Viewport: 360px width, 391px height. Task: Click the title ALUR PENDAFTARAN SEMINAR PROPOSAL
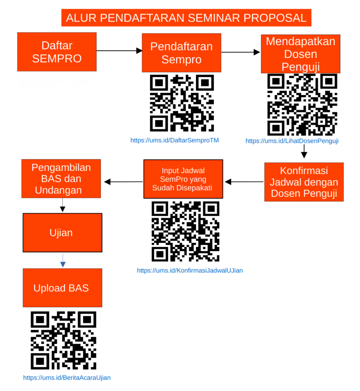click(186, 18)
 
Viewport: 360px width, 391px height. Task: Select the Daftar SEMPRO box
click(57, 52)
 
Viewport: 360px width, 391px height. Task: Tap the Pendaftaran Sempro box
click(182, 53)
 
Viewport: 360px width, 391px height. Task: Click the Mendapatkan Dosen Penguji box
click(301, 54)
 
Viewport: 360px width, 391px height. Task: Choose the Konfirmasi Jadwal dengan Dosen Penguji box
click(304, 182)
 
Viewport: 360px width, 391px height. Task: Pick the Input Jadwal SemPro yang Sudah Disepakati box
click(183, 179)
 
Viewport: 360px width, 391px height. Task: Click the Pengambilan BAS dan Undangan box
click(61, 179)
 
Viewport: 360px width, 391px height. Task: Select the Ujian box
click(63, 233)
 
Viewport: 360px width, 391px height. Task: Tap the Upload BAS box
click(63, 288)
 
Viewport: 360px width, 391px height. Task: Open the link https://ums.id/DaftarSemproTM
click(175, 141)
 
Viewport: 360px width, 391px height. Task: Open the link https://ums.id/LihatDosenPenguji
click(292, 141)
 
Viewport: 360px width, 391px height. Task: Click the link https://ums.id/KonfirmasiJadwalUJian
click(190, 271)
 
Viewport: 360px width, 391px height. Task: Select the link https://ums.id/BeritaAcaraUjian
click(67, 378)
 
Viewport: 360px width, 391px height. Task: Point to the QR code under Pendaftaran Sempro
click(182, 103)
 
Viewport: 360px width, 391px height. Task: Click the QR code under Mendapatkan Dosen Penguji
click(302, 105)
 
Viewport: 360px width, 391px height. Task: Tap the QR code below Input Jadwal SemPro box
click(185, 231)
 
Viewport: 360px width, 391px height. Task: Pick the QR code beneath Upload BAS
click(63, 340)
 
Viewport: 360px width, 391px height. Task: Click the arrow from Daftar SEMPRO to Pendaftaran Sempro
click(119, 51)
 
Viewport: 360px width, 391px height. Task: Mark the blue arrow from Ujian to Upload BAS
click(63, 260)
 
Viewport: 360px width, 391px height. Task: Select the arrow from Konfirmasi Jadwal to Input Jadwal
click(244, 182)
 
